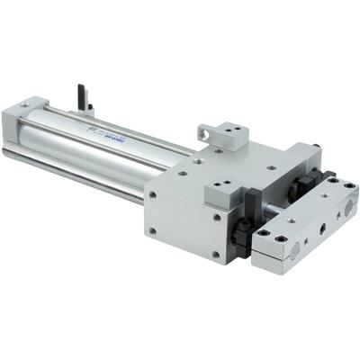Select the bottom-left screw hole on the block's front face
[153, 230]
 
